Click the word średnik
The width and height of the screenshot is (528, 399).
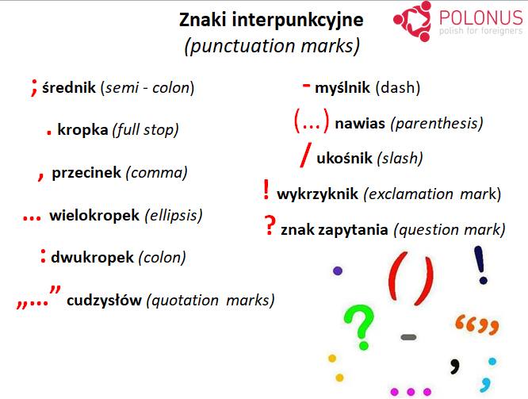[70, 88]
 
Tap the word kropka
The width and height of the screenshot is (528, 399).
[82, 129]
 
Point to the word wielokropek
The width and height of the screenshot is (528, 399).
[94, 215]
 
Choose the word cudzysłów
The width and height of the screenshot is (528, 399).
[104, 300]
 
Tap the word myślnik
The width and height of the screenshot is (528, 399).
[342, 87]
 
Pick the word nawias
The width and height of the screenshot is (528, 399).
[360, 123]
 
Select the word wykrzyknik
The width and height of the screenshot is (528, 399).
[317, 194]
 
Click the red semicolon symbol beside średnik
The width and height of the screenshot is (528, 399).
[34, 86]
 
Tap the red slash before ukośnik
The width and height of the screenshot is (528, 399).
[306, 156]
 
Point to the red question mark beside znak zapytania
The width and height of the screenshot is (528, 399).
[270, 226]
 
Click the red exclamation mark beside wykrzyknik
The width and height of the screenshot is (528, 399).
[266, 190]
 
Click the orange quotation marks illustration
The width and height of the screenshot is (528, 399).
[476, 324]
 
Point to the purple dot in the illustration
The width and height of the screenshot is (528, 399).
[337, 270]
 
